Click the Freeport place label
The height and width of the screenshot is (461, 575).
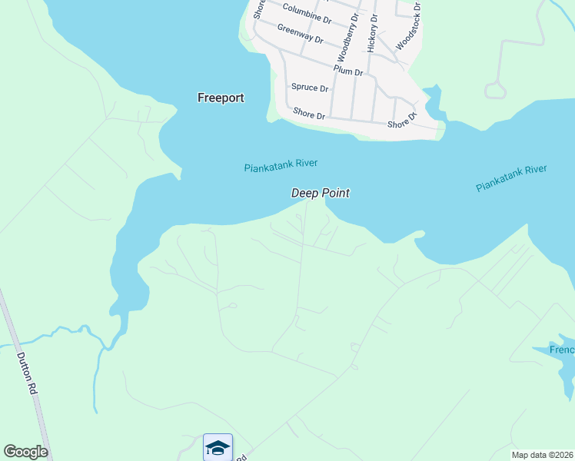(x=221, y=98)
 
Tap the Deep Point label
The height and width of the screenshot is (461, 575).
(x=320, y=194)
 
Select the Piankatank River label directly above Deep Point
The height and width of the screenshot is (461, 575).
(x=281, y=165)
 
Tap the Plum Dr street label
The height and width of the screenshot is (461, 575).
(x=348, y=71)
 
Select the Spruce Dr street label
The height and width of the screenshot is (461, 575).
(x=309, y=88)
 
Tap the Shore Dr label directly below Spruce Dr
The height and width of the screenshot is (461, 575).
(x=309, y=114)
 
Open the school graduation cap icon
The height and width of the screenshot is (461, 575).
(x=218, y=447)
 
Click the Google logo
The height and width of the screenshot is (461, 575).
(x=25, y=452)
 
